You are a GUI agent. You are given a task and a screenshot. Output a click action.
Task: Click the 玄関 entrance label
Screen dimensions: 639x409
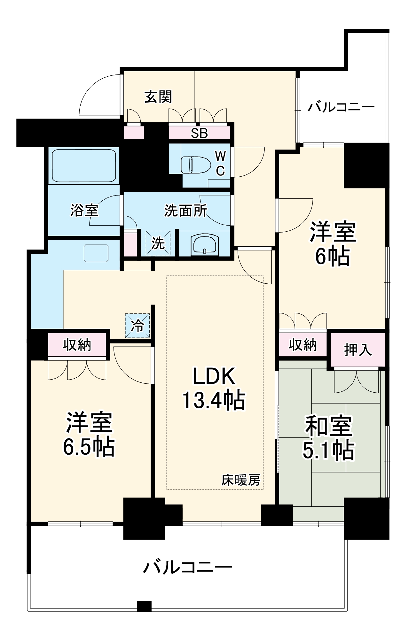[158, 97]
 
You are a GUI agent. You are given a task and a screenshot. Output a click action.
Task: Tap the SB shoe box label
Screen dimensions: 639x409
[199, 133]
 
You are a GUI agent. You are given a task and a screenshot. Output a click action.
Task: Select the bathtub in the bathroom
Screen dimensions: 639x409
[83, 166]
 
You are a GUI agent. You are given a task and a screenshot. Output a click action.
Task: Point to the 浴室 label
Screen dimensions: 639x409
[84, 211]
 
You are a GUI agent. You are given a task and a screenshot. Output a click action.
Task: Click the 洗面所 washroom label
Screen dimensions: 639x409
[185, 211]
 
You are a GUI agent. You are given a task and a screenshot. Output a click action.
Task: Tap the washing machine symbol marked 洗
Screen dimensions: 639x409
[158, 243]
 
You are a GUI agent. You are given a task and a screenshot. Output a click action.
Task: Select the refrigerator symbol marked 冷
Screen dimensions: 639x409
[138, 326]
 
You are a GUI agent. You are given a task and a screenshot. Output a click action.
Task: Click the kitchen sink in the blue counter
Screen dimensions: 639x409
[96, 253]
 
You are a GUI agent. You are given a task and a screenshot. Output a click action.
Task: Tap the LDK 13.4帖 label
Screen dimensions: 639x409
[214, 388]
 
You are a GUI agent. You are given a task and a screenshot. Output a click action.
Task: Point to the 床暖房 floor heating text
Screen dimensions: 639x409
[241, 480]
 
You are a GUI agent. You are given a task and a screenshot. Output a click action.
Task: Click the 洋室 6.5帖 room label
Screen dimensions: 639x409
[89, 435]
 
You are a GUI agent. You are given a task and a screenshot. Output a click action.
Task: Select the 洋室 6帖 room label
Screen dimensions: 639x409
[333, 244]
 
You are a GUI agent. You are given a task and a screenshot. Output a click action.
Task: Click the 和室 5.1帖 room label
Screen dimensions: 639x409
[328, 438]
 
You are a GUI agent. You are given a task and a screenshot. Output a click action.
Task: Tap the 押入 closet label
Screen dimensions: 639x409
[358, 350]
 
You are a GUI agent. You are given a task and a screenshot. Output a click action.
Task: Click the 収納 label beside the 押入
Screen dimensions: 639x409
[303, 345]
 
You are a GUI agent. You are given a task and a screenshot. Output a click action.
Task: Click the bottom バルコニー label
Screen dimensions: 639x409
[187, 567]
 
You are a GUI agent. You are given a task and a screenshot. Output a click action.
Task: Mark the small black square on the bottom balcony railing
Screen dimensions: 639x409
[144, 606]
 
